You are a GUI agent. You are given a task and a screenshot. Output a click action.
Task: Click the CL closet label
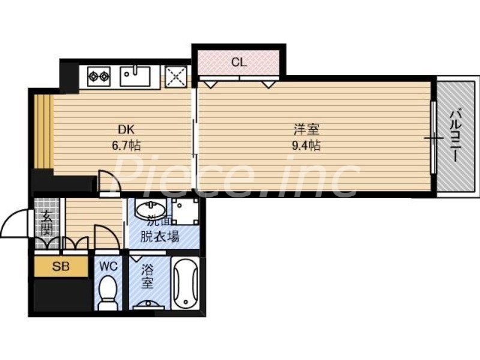pos(238,61)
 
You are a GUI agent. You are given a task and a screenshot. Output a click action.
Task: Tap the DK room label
pos(125,129)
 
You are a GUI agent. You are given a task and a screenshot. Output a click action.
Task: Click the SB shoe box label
pos(61,267)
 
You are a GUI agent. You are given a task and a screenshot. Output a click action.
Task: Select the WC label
pos(108,265)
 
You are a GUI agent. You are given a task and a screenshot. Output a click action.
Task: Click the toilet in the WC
pos(108,292)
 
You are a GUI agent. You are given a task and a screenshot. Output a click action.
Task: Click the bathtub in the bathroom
pos(185,284)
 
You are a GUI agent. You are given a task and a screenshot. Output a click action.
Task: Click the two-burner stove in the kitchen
pos(98,76)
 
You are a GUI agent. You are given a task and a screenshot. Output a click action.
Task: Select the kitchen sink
pos(136,76)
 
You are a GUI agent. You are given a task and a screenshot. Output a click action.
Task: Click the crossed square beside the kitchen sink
pos(176,76)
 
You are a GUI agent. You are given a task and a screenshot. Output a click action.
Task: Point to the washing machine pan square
pos(185,211)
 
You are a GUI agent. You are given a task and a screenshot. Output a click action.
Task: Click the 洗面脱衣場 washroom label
pos(159,230)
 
